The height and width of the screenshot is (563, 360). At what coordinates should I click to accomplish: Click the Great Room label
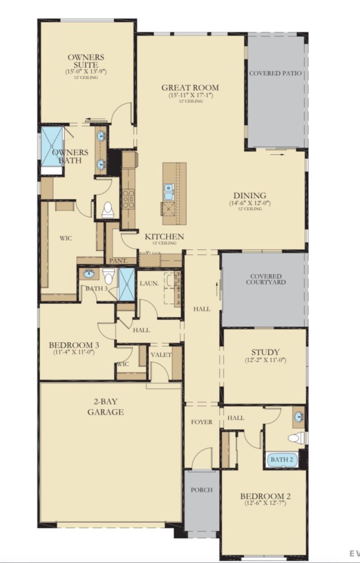190,87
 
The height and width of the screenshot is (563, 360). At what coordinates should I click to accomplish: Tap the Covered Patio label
275,73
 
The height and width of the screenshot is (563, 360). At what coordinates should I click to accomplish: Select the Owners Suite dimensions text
85,71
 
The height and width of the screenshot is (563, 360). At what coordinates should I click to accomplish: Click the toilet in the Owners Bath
108,210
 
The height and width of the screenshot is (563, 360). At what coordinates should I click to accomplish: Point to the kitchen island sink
169,192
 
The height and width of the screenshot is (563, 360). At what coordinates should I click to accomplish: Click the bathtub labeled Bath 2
282,460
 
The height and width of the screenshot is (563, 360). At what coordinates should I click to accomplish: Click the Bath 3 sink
89,274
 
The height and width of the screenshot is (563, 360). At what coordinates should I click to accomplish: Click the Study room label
265,352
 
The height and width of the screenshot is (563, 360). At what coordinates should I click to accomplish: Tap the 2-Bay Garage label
105,407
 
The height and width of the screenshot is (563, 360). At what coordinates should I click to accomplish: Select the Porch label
201,490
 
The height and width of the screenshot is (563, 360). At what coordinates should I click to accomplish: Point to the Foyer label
201,422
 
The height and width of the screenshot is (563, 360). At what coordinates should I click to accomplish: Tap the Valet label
161,355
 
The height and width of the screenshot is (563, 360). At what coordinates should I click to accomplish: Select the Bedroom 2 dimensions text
265,503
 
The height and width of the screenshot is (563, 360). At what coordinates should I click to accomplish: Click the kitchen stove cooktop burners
128,198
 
